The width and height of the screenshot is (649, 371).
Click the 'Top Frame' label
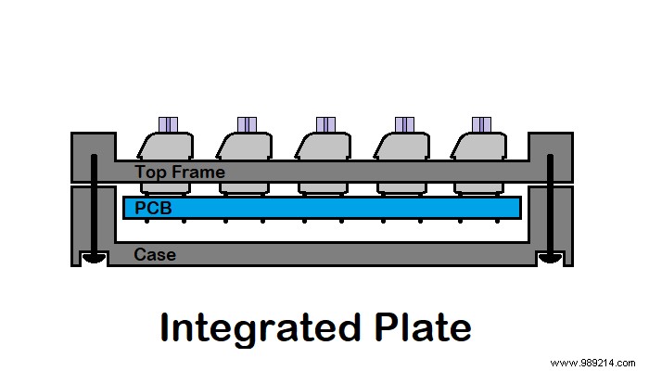coord(179,172)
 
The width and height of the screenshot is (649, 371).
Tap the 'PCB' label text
coord(154,208)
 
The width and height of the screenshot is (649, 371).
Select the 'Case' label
coord(154,253)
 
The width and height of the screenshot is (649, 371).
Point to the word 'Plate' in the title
coord(424,328)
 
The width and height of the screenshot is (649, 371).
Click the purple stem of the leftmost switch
coord(168,124)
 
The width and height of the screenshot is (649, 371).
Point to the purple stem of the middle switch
coord(325,124)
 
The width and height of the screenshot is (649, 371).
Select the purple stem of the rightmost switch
coord(481,124)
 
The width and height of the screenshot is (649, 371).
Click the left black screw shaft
coord(94,204)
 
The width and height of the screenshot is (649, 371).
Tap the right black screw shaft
coord(551,204)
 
